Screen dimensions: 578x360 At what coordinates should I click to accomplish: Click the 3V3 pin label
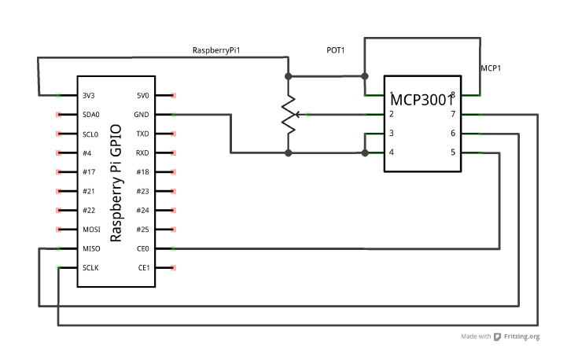tap(88, 95)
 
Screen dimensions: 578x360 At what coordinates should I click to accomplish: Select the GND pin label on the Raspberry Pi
tap(142, 115)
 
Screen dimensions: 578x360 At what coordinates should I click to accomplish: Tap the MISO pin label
tap(91, 248)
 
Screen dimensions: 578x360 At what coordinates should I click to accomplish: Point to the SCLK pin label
tap(90, 268)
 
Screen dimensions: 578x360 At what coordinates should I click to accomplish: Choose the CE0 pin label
tap(143, 248)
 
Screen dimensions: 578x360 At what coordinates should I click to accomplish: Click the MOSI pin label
tap(91, 230)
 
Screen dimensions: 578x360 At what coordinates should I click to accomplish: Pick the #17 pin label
tap(89, 172)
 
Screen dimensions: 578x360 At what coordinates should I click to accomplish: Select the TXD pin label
tap(142, 134)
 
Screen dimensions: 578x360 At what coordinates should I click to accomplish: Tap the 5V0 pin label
tap(143, 95)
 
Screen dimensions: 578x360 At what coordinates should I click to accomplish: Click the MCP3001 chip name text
tap(422, 100)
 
